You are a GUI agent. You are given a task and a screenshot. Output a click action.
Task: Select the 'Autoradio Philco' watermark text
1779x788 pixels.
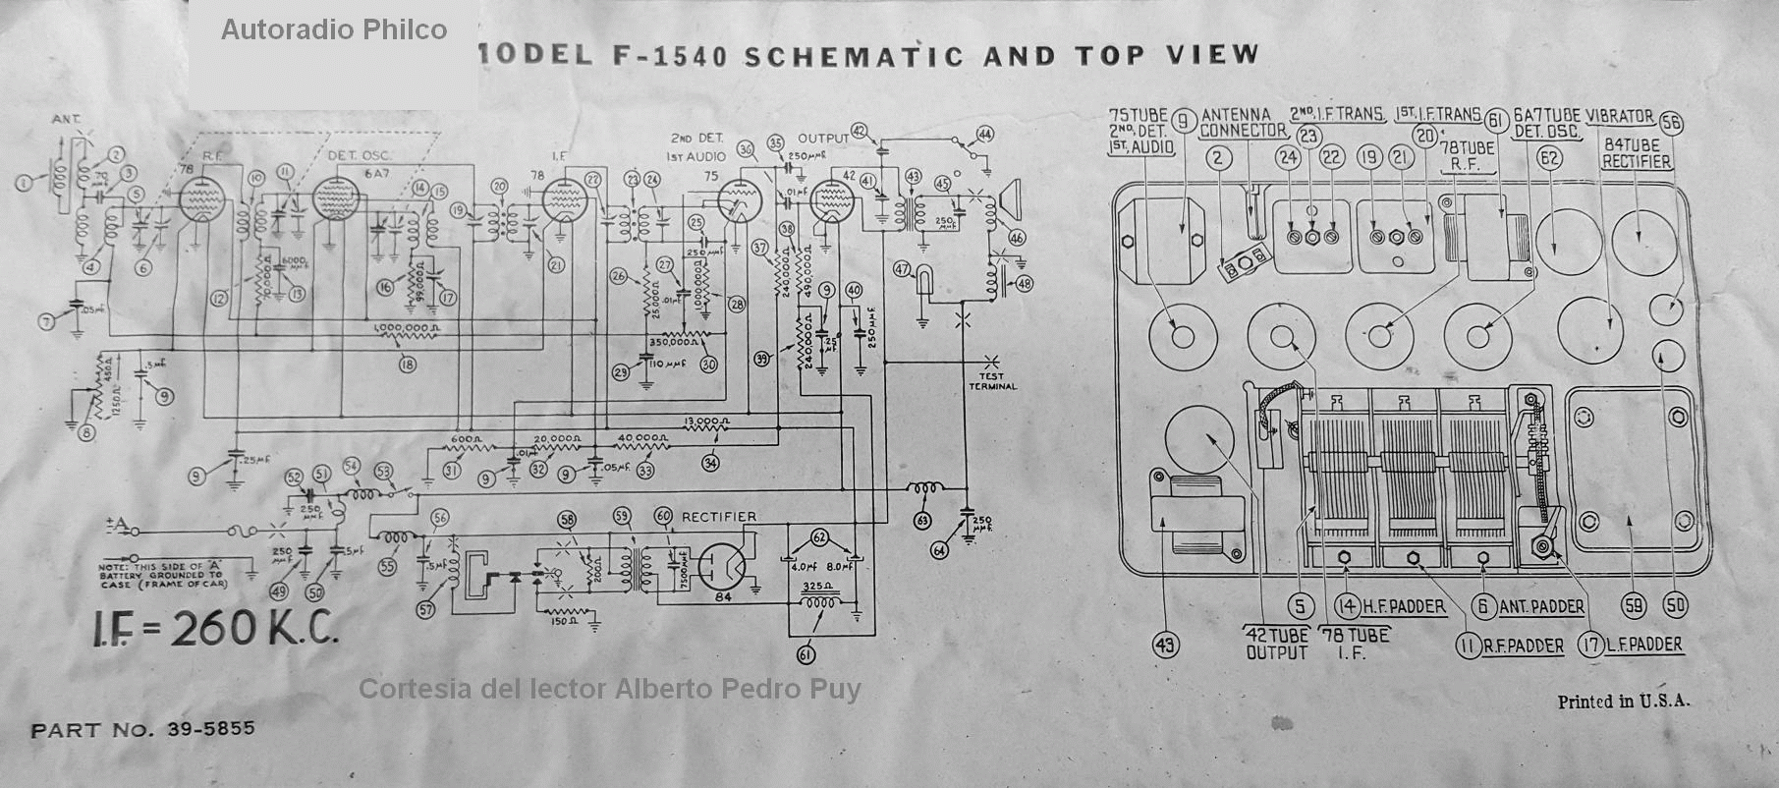(333, 30)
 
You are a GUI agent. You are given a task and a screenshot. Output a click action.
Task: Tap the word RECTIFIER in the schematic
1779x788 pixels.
(719, 517)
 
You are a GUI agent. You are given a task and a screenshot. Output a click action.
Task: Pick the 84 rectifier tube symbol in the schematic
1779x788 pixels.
(724, 565)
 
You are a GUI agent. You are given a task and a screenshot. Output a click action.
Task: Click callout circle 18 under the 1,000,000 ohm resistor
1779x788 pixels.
(407, 365)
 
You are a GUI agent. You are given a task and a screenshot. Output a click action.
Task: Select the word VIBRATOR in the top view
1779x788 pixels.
(1619, 116)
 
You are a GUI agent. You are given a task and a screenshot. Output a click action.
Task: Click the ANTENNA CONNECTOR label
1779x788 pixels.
(1242, 122)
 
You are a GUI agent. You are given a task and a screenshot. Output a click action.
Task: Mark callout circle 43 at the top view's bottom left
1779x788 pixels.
(1166, 646)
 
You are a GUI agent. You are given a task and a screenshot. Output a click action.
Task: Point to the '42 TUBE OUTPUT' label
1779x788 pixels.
(1277, 644)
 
